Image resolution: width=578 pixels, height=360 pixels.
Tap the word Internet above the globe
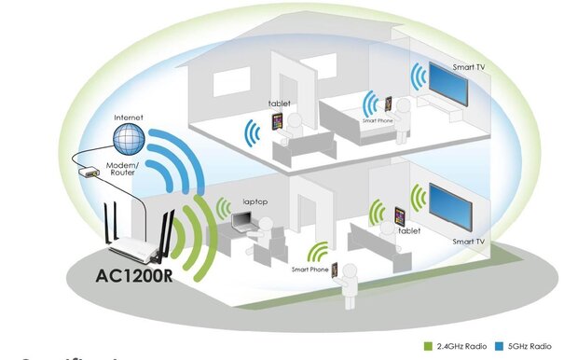pyautogui.click(x=128, y=118)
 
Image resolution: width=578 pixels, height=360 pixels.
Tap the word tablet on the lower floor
pyautogui.click(x=409, y=229)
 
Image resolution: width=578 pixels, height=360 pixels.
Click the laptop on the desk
pyautogui.click(x=241, y=221)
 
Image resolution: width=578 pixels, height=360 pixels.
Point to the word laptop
pyautogui.click(x=255, y=201)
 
